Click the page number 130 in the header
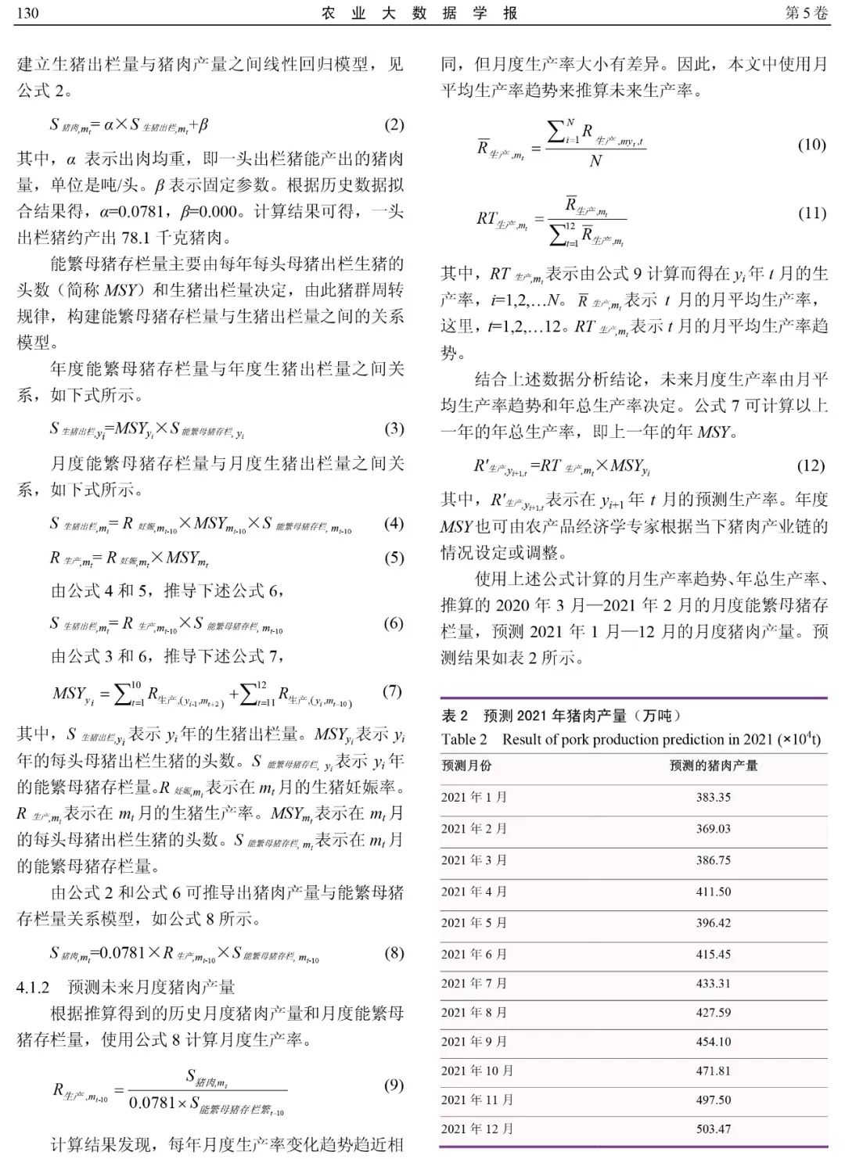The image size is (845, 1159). point(27,13)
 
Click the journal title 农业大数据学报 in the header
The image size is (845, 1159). point(419,13)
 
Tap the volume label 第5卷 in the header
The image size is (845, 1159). point(805,13)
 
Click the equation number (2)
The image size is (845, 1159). point(394,124)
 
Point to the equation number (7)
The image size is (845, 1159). point(392,691)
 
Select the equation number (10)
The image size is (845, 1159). point(811,144)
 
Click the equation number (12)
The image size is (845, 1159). point(811,465)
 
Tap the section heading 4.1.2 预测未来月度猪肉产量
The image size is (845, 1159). point(126,987)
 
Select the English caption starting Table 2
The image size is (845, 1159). point(631,739)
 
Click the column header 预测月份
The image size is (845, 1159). point(467,766)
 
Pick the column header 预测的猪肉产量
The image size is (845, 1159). point(714,766)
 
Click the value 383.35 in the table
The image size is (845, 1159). point(714,797)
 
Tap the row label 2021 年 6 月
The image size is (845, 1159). point(474,954)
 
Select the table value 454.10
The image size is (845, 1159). point(714,1042)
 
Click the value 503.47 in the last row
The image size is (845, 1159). point(714,1128)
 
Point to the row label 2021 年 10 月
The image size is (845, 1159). point(477,1071)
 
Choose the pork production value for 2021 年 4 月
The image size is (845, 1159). point(714,892)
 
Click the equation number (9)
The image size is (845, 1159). point(394,1085)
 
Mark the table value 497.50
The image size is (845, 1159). point(714,1100)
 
